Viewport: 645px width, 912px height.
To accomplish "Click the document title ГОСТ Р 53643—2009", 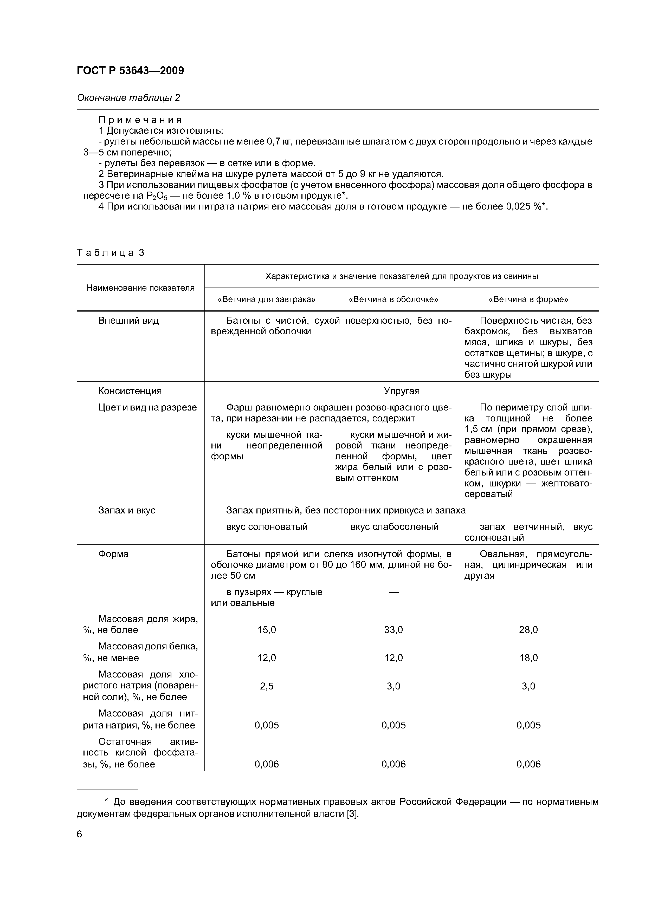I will click(130, 71).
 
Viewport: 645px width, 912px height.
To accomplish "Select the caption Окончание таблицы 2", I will click(128, 98).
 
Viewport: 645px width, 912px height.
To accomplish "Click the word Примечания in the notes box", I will click(140, 120).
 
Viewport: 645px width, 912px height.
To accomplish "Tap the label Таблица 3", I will click(111, 253).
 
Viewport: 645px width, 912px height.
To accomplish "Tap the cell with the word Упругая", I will click(401, 391).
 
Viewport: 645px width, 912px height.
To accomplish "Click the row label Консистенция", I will click(130, 391).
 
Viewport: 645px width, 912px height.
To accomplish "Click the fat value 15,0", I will click(266, 630).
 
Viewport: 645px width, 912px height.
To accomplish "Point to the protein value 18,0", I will click(528, 658).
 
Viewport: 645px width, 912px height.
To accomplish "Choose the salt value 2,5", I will click(266, 686).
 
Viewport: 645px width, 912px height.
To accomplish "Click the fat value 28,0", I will click(528, 630).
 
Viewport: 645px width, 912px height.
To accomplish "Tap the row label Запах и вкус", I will click(126, 510).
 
